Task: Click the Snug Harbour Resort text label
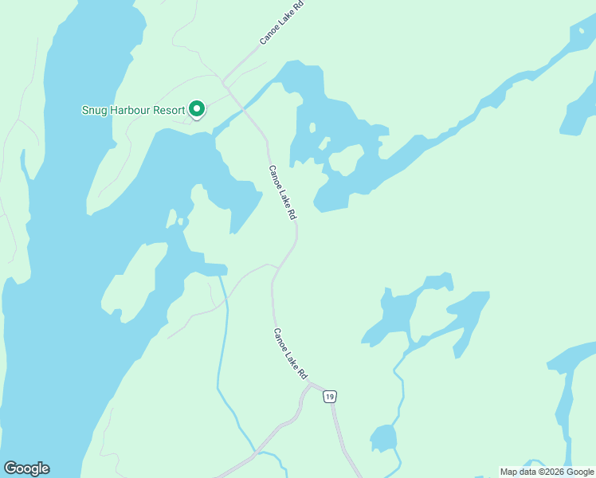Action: [x=133, y=110]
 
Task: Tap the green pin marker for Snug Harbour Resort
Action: [x=196, y=109]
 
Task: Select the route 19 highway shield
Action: [x=330, y=396]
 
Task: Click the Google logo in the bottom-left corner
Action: [x=26, y=468]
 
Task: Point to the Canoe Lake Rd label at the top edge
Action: [x=282, y=22]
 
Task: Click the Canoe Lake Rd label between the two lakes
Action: [x=283, y=193]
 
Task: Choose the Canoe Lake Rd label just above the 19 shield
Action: [x=290, y=354]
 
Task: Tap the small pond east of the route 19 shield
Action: [x=383, y=438]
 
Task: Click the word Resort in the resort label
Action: [x=167, y=110]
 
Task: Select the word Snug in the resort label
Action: [x=95, y=110]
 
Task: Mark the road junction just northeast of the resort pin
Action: [x=225, y=83]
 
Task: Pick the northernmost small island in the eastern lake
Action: [x=312, y=127]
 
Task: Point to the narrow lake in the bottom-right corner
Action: [x=567, y=406]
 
